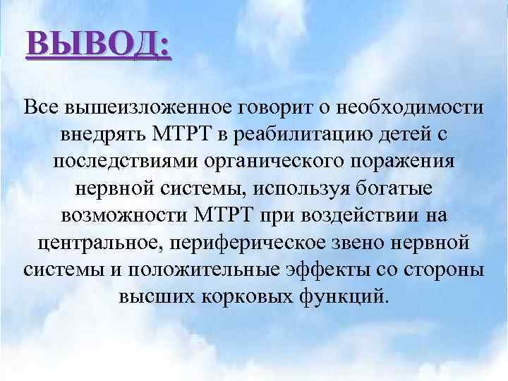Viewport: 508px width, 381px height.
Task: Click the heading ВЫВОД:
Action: click(x=97, y=47)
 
